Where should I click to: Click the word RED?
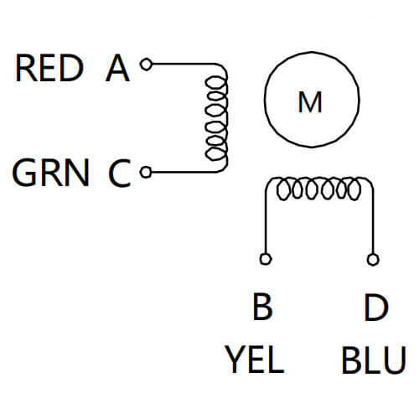49,69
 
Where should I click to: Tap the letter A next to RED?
117,69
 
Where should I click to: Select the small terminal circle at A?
146,63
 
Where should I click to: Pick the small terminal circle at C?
146,173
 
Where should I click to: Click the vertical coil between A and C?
217,117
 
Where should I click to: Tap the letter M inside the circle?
310,102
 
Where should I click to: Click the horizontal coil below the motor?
318,190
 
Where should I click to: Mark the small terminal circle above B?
266,258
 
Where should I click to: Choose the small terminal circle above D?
371,258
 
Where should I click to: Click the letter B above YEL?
262,308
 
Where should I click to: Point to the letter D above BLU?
375,308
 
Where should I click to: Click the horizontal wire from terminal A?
180,63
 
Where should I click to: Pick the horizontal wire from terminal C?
180,173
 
